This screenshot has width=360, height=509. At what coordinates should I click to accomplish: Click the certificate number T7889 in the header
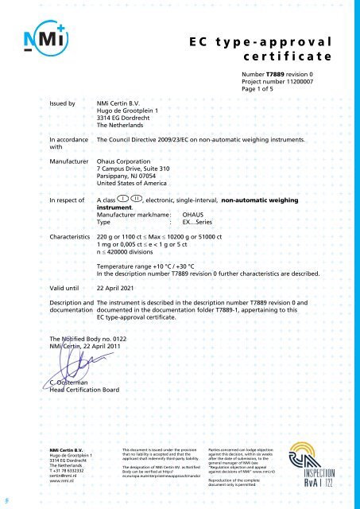tap(276, 73)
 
